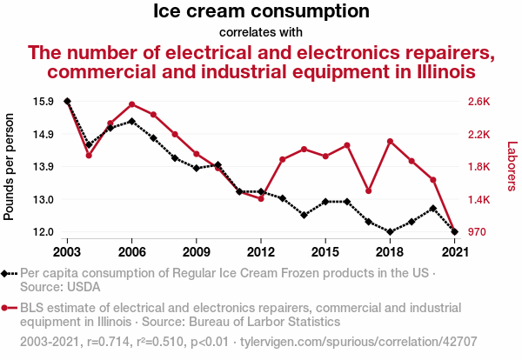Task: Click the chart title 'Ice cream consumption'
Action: (x=261, y=12)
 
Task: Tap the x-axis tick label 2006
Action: (x=131, y=251)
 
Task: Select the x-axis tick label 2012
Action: (x=261, y=251)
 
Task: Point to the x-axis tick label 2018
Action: (x=390, y=251)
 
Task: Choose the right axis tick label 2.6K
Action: (x=479, y=102)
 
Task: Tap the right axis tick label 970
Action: (x=477, y=232)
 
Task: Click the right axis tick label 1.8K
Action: (x=479, y=167)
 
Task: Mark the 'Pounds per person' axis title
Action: (x=10, y=167)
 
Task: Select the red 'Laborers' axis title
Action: (x=512, y=167)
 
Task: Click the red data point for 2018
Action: (x=390, y=141)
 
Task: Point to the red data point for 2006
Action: (x=131, y=104)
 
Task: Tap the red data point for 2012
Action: (x=261, y=199)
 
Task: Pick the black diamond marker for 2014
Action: (x=304, y=215)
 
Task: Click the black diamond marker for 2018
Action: (x=390, y=232)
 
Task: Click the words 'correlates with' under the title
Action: (x=261, y=32)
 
